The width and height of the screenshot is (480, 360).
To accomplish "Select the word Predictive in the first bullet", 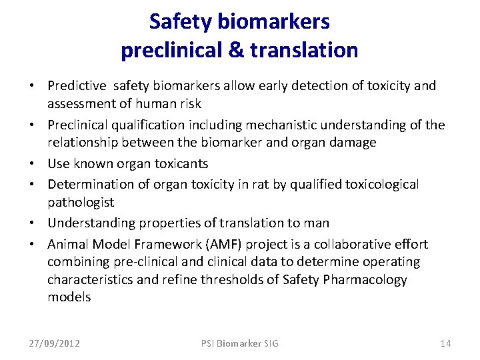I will (x=77, y=85).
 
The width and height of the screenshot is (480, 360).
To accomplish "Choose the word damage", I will (x=354, y=142).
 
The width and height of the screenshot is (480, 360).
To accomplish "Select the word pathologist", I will (x=81, y=202).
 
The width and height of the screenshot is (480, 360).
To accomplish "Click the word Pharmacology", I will (x=364, y=279).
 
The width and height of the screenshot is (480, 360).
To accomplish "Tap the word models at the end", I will (x=69, y=297).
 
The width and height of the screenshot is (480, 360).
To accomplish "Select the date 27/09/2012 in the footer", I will (x=54, y=343).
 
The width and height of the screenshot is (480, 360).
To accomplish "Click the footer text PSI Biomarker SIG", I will (x=240, y=343).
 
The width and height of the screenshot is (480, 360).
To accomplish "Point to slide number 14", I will (x=445, y=343).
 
